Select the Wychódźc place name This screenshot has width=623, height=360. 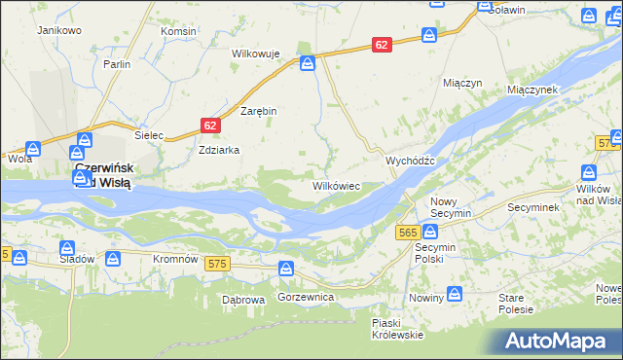pyautogui.click(x=416, y=161)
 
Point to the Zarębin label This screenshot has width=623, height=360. pyautogui.click(x=259, y=111)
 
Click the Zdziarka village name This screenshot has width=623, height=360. pyautogui.click(x=218, y=151)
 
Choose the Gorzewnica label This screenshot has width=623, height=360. pyautogui.click(x=306, y=295)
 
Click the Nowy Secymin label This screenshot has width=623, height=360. pyautogui.click(x=451, y=206)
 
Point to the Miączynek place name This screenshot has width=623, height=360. pyautogui.click(x=531, y=89)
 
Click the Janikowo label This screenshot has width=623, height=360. pyautogui.click(x=58, y=30)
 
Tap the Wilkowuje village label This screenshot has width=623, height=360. pyautogui.click(x=256, y=54)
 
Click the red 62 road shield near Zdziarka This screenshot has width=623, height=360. pyautogui.click(x=211, y=126)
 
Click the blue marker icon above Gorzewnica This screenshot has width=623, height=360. pyautogui.click(x=285, y=268)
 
